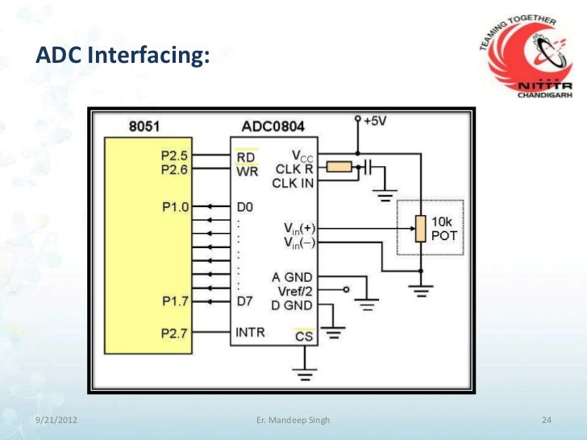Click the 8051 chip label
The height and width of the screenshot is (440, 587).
click(146, 127)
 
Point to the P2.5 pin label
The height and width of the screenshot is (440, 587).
click(173, 155)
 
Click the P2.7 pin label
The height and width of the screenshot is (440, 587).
click(173, 333)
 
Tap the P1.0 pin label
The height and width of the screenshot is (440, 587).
click(173, 207)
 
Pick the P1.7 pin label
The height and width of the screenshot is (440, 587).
click(173, 302)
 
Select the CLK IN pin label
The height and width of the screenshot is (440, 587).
click(293, 184)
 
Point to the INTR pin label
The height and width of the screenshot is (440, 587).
click(249, 333)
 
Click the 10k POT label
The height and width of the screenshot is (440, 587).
click(445, 227)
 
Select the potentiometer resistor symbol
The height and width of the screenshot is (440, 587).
click(419, 229)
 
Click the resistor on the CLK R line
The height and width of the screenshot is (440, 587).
click(341, 167)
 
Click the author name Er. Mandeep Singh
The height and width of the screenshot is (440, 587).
click(292, 421)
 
